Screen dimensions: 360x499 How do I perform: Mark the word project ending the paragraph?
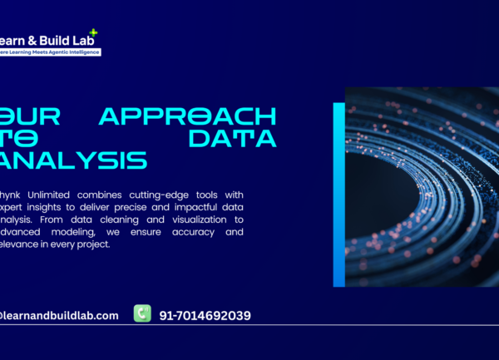point(92,244)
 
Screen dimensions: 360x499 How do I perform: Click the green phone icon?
point(142,313)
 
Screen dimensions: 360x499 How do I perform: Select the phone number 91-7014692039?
point(203,315)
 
